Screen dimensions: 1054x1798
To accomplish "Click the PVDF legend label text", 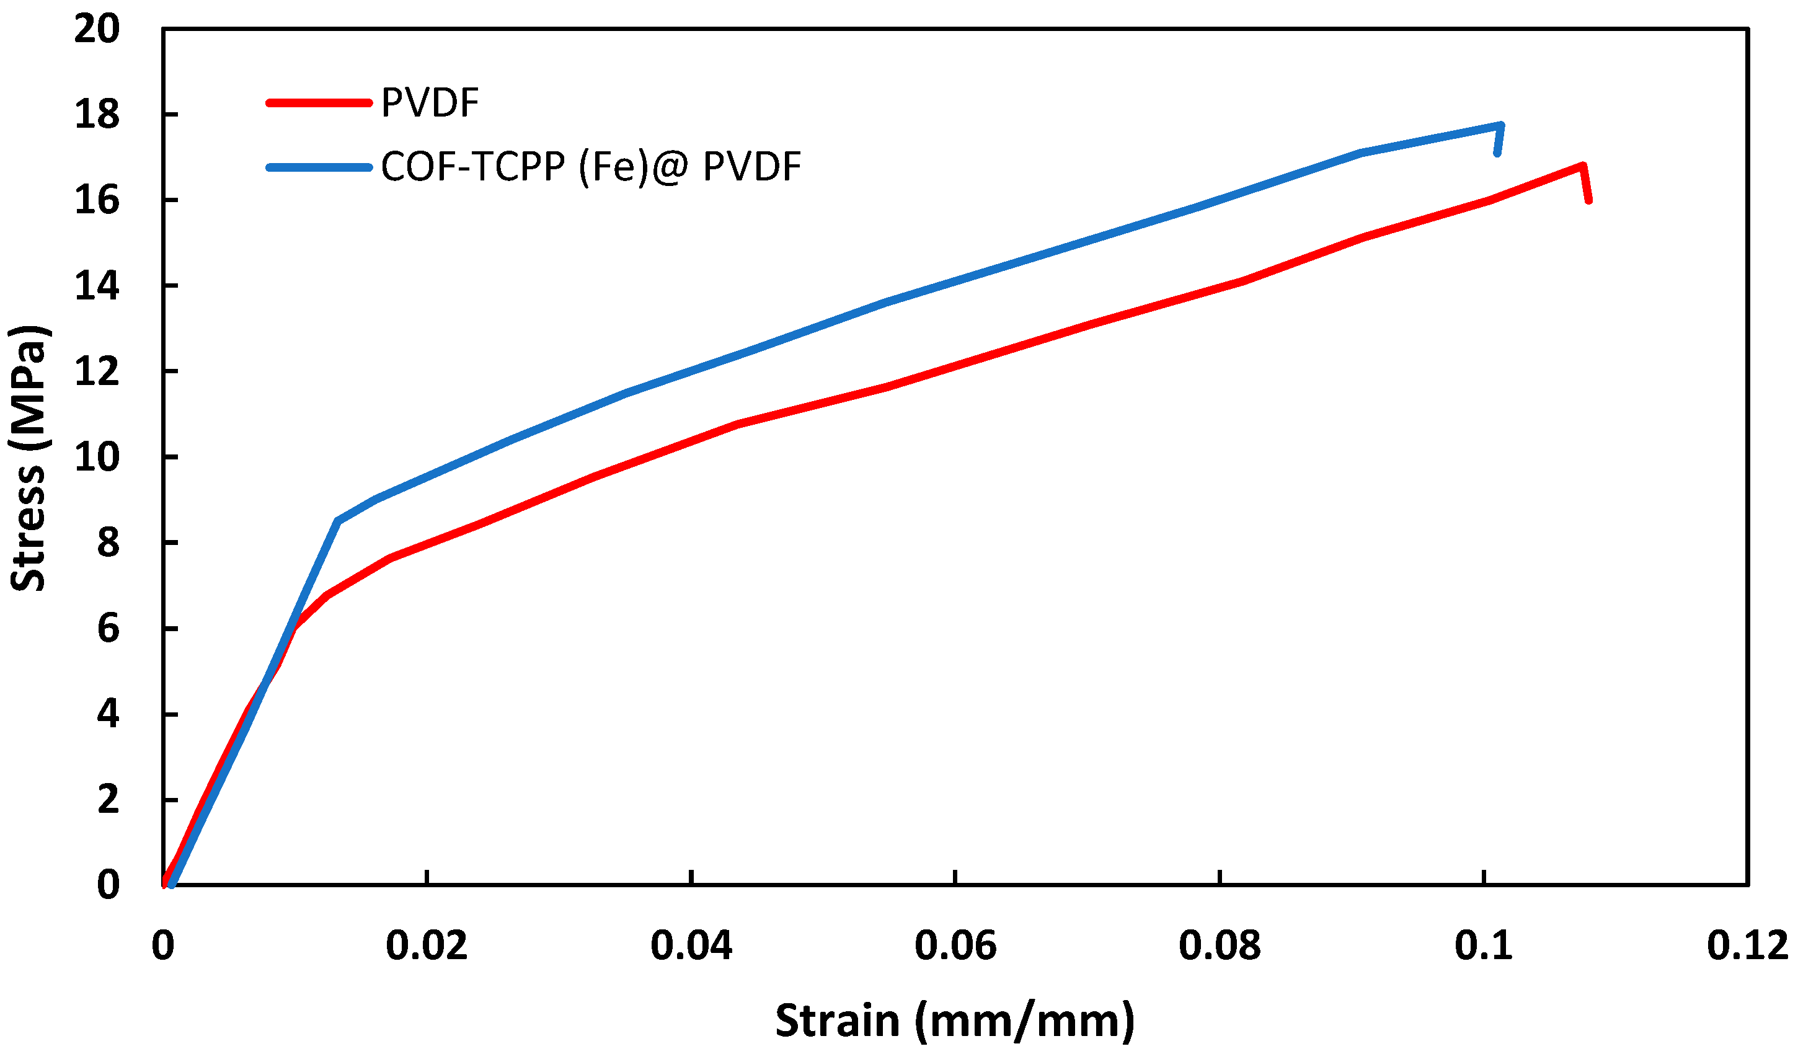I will (430, 103).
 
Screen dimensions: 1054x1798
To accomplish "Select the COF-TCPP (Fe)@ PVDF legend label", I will (591, 167).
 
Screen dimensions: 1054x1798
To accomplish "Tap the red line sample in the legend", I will (319, 103).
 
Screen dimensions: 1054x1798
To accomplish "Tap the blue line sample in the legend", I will (319, 167).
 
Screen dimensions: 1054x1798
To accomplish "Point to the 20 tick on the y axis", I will (97, 30).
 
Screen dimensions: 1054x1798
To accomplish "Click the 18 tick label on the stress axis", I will (97, 115).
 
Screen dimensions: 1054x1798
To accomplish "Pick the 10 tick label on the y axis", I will (97, 458).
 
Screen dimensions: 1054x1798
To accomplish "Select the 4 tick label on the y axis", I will (108, 714).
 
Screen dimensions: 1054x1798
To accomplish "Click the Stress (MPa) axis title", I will (29, 458).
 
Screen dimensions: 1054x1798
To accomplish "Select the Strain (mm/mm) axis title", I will (955, 1021).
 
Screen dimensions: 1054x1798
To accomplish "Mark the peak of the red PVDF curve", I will (1582, 166).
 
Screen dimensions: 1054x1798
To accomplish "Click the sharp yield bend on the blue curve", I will (337, 521).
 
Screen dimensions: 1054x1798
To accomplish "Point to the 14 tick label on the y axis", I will (97, 286).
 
